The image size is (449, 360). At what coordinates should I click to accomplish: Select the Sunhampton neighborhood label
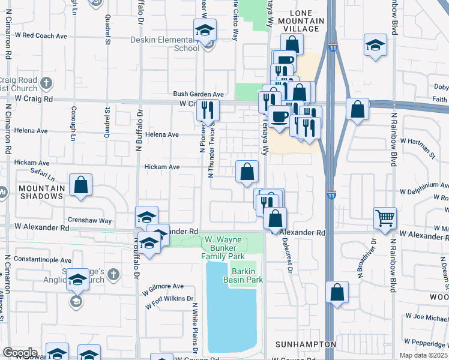(306, 344)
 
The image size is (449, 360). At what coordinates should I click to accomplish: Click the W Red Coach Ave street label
(41, 35)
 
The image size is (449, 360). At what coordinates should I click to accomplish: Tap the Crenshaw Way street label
(90, 221)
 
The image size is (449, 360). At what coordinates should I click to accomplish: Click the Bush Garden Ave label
(198, 94)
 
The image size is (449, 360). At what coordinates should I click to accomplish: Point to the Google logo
(20, 353)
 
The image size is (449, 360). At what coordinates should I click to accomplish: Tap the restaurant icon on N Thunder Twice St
(208, 109)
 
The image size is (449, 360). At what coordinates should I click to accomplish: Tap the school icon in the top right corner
(375, 45)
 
